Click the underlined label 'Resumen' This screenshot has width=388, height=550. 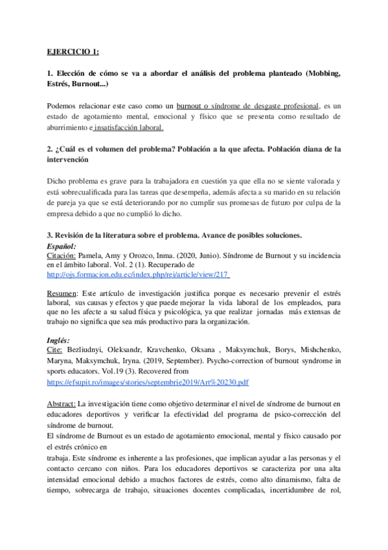pyautogui.click(x=63, y=293)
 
